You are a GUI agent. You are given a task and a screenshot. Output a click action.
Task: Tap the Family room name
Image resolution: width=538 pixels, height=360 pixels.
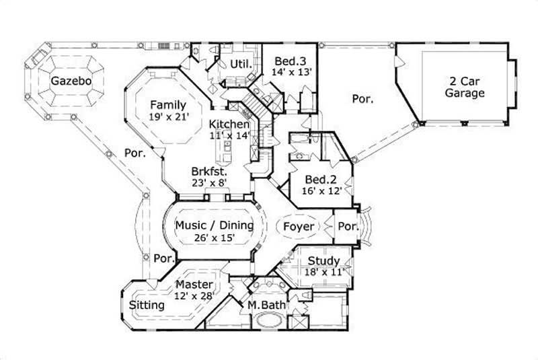(167, 105)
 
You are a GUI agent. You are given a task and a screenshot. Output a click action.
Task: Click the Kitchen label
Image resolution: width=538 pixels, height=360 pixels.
(229, 124)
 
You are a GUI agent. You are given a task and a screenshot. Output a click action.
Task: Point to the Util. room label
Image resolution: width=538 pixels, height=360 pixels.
(241, 64)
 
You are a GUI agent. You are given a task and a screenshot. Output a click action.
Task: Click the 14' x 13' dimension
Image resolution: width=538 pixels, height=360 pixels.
(291, 71)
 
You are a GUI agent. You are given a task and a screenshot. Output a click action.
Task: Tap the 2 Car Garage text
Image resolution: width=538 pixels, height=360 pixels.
(464, 87)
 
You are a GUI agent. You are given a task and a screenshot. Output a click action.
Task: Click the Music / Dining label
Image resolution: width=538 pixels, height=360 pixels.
(214, 225)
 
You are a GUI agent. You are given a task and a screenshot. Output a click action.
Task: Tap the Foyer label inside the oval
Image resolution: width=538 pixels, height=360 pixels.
(298, 227)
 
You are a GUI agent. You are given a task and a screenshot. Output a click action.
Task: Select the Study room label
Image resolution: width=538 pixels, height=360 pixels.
(323, 261)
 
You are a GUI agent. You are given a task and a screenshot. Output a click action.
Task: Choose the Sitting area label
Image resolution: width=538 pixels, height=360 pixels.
(147, 305)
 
